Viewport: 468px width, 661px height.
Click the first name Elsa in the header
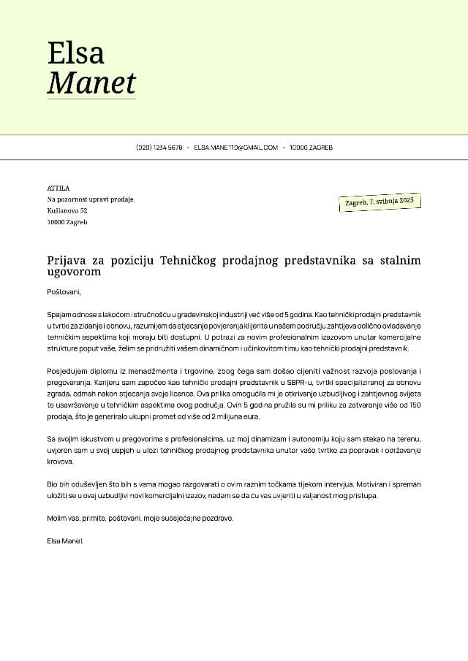click(75, 53)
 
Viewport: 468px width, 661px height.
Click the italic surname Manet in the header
click(91, 83)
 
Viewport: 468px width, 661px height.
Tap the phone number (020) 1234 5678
click(159, 148)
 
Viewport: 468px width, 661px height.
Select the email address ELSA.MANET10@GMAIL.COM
click(235, 148)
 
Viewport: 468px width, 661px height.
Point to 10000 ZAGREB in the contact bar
click(311, 148)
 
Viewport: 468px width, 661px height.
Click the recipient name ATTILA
click(58, 188)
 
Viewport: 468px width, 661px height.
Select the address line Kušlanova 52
click(67, 210)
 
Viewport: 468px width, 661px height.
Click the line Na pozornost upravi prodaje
click(90, 199)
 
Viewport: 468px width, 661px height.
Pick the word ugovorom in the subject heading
click(74, 272)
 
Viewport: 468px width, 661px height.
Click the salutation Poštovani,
click(64, 291)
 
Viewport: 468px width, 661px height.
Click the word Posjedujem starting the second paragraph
click(67, 372)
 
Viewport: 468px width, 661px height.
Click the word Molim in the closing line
click(56, 518)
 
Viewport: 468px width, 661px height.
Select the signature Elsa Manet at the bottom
click(65, 540)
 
